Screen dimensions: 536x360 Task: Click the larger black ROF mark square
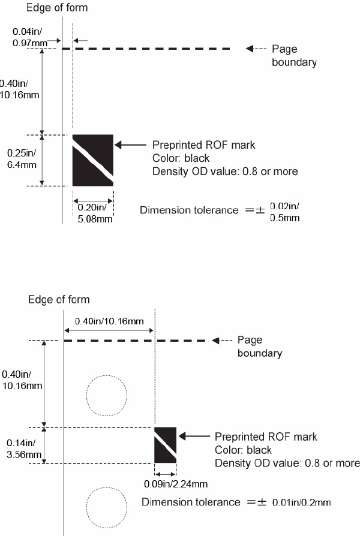pyautogui.click(x=93, y=160)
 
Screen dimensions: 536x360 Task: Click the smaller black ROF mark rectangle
pyautogui.click(x=165, y=445)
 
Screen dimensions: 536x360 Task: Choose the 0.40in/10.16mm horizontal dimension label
pyautogui.click(x=109, y=321)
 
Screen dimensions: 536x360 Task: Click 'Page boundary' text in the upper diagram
pyautogui.click(x=294, y=56)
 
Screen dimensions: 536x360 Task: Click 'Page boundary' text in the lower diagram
pyautogui.click(x=259, y=347)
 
